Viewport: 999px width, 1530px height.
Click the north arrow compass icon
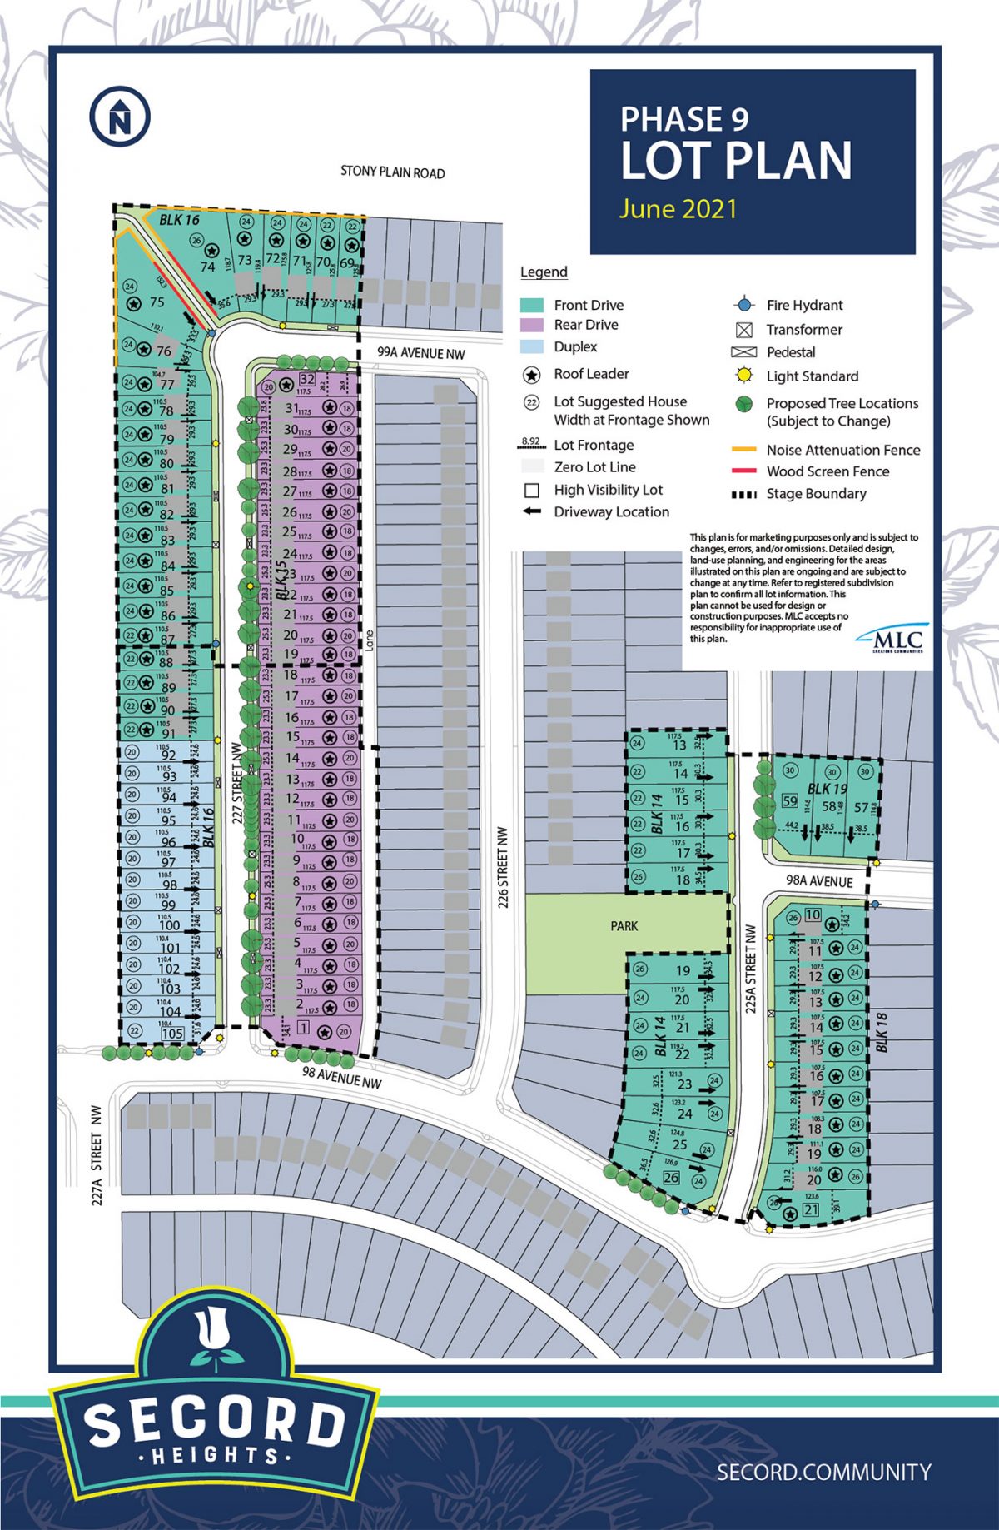click(120, 117)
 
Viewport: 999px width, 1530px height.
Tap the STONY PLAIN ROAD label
click(393, 172)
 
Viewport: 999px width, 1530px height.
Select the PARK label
click(624, 925)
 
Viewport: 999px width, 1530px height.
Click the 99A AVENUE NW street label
click(421, 353)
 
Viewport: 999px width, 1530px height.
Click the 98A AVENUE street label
click(820, 881)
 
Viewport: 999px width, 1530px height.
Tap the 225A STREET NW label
click(750, 968)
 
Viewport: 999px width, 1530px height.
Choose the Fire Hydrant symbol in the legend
click(744, 305)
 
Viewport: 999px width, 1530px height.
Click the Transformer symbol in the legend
click(744, 330)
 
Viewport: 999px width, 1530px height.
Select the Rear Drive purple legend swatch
click(532, 325)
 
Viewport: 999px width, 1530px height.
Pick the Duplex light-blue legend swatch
click(532, 346)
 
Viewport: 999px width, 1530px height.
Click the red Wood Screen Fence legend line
click(743, 471)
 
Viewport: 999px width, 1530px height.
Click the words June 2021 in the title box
click(678, 208)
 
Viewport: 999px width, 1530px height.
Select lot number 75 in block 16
click(157, 302)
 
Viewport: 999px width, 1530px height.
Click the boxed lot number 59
click(790, 802)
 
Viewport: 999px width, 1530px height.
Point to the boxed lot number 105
click(171, 1034)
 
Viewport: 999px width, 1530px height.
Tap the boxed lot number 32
click(307, 380)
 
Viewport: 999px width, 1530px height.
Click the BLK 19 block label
click(827, 789)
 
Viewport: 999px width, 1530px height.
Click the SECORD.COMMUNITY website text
click(823, 1472)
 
